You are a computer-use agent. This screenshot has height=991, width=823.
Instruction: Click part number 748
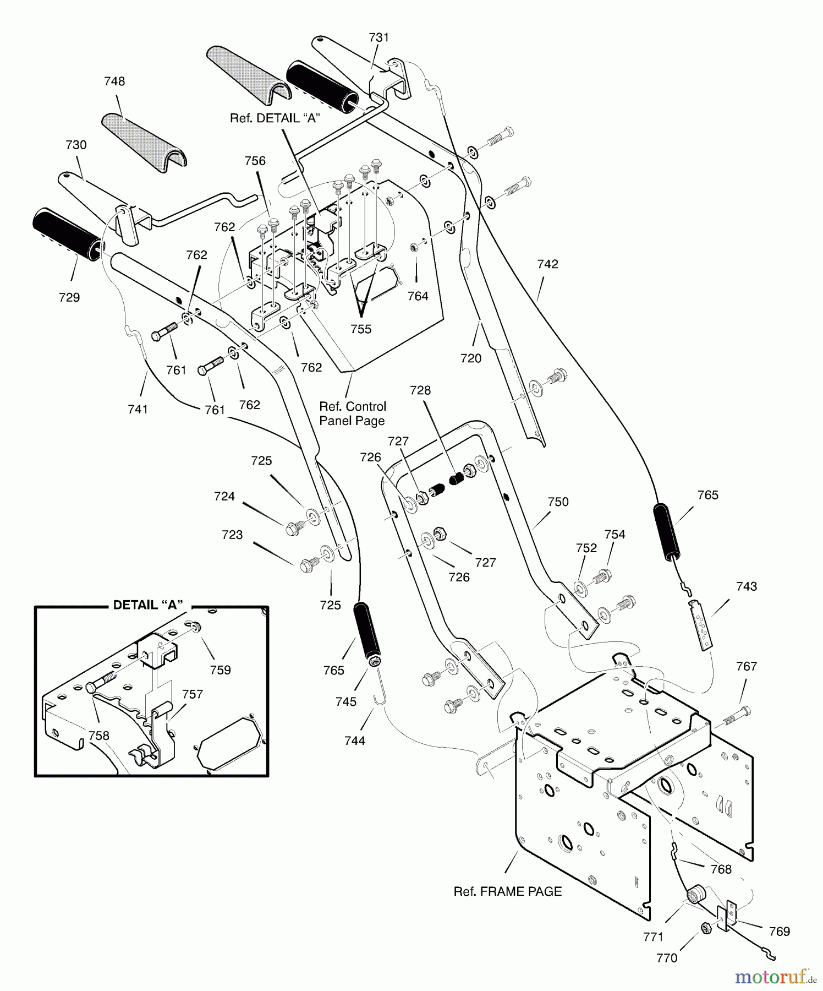(114, 81)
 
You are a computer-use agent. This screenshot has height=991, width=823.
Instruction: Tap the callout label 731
(378, 37)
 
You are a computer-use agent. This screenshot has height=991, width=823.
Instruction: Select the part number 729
(69, 297)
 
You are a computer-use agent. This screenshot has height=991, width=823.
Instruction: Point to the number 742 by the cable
(547, 264)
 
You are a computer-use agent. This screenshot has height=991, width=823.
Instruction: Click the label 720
(471, 358)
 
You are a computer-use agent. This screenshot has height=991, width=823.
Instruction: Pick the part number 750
(558, 502)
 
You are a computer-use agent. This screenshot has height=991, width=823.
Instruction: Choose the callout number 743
(746, 586)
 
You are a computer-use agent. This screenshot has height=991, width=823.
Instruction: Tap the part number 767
(746, 666)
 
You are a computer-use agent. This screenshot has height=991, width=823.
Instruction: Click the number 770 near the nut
(667, 958)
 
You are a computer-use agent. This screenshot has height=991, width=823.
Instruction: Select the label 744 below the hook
(354, 741)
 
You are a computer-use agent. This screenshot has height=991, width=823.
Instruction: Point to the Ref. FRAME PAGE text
(507, 891)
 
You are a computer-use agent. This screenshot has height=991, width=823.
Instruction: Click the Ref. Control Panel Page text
(353, 413)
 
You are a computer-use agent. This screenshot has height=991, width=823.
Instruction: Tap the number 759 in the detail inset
(220, 670)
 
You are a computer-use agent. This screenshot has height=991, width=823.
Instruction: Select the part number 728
(420, 390)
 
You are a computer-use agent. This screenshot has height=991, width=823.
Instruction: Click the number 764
(418, 296)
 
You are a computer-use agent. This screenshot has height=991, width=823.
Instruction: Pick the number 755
(361, 329)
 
